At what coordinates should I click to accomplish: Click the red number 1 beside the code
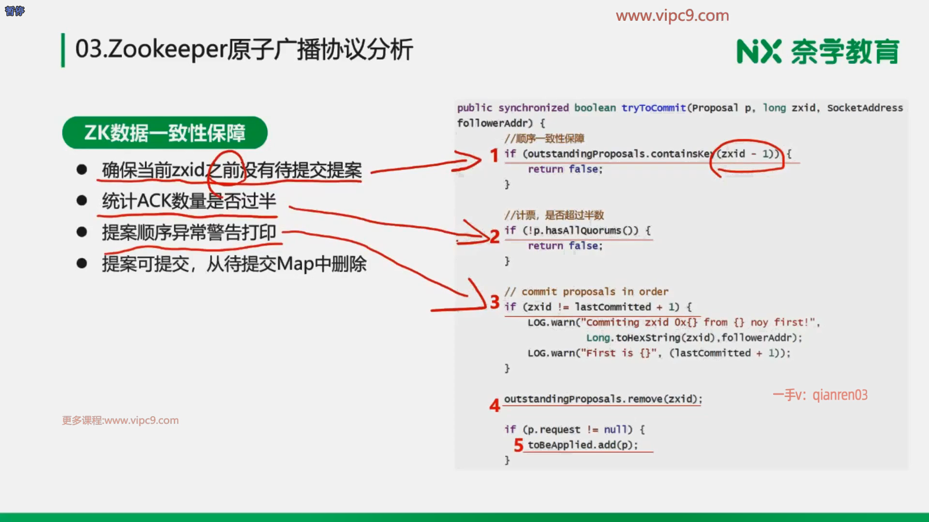(494, 156)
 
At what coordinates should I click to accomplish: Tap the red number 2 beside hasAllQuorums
(494, 236)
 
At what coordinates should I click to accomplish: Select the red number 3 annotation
(494, 302)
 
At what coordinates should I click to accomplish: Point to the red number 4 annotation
(494, 405)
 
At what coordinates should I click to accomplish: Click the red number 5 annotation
(519, 445)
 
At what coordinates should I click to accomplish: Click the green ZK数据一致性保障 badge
(165, 132)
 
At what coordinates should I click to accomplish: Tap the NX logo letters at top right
(759, 52)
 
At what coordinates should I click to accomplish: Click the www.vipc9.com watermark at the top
(673, 15)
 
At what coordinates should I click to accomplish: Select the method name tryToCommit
(654, 108)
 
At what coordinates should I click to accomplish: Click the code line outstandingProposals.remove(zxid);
(603, 399)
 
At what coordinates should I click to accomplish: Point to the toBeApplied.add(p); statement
(583, 445)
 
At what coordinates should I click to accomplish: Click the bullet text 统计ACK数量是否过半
(189, 201)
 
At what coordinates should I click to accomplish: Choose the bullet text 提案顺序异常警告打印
(189, 232)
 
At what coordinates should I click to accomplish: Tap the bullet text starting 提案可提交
(234, 264)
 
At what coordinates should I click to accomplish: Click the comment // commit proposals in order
(586, 291)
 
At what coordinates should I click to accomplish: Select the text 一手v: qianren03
(820, 395)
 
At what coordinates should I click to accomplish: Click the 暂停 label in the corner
(15, 11)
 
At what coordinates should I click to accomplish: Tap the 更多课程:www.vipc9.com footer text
(120, 420)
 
